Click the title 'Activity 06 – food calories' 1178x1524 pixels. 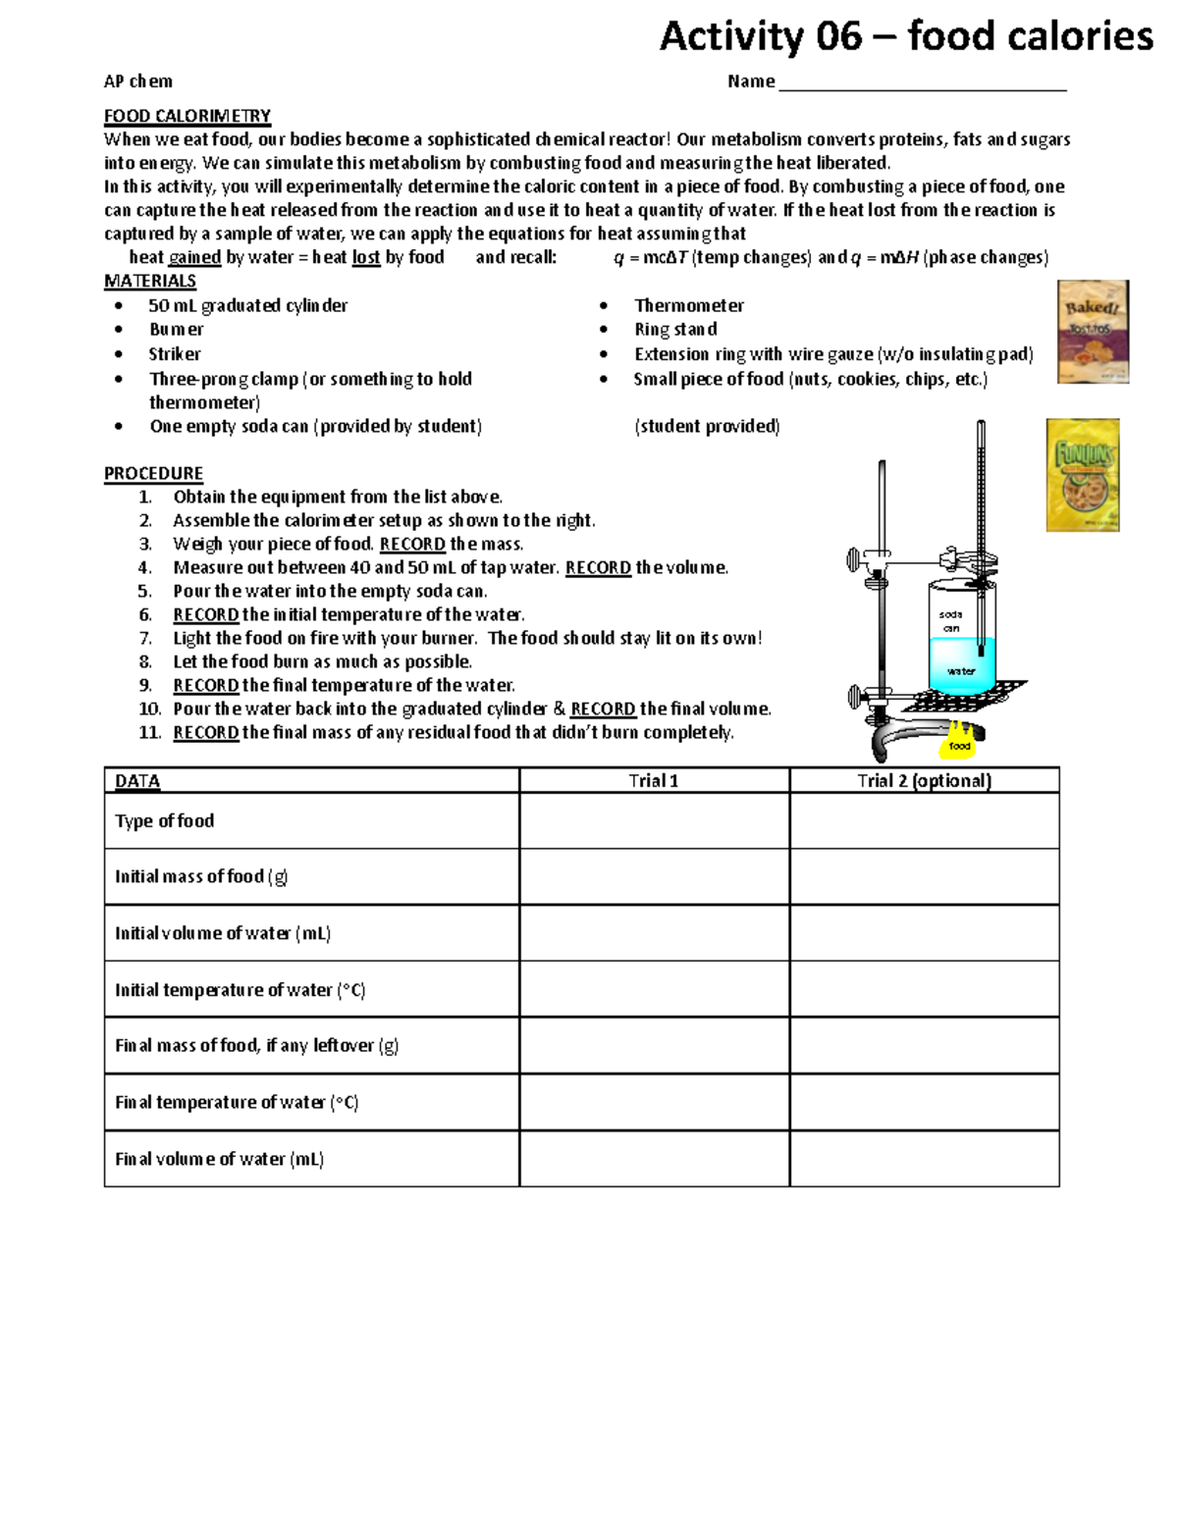(x=905, y=37)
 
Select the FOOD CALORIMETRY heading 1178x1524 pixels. (x=187, y=116)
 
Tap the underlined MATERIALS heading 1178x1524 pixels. (x=150, y=282)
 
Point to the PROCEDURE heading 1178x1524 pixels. (x=154, y=473)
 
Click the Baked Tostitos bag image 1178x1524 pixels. (x=1092, y=332)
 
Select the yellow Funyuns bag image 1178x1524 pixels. (x=1083, y=476)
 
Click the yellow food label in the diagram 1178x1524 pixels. (x=959, y=746)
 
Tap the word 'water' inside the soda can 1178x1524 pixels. (x=960, y=671)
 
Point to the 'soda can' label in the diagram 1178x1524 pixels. (x=950, y=621)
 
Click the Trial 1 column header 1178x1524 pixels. (x=654, y=781)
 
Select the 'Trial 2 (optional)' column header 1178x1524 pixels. (x=924, y=781)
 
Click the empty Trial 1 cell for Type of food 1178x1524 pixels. (x=654, y=821)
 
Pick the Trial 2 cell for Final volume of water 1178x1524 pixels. (x=924, y=1159)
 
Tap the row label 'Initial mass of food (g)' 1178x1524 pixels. (x=201, y=876)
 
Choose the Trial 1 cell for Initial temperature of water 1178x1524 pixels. (x=654, y=989)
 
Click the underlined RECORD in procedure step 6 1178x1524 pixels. (x=206, y=615)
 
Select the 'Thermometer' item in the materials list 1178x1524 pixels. (x=689, y=306)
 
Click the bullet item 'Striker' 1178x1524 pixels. (x=175, y=354)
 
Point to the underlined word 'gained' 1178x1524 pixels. (x=194, y=258)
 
